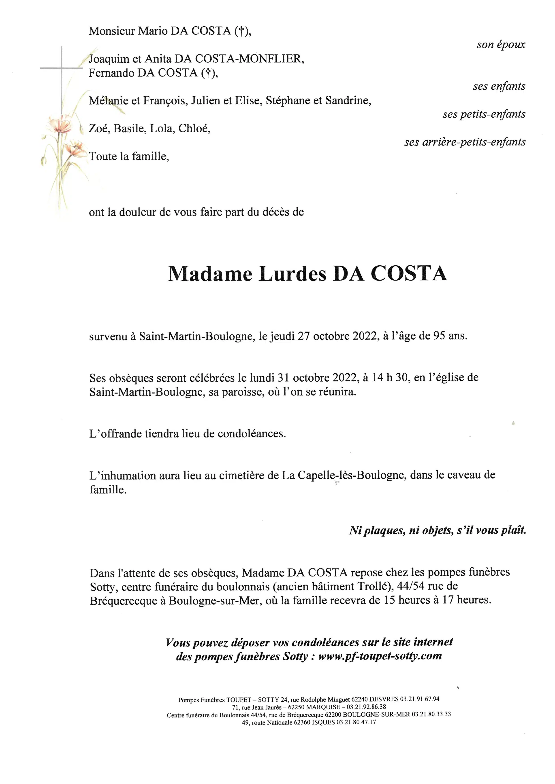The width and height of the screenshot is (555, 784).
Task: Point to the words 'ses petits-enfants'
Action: coord(484,114)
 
